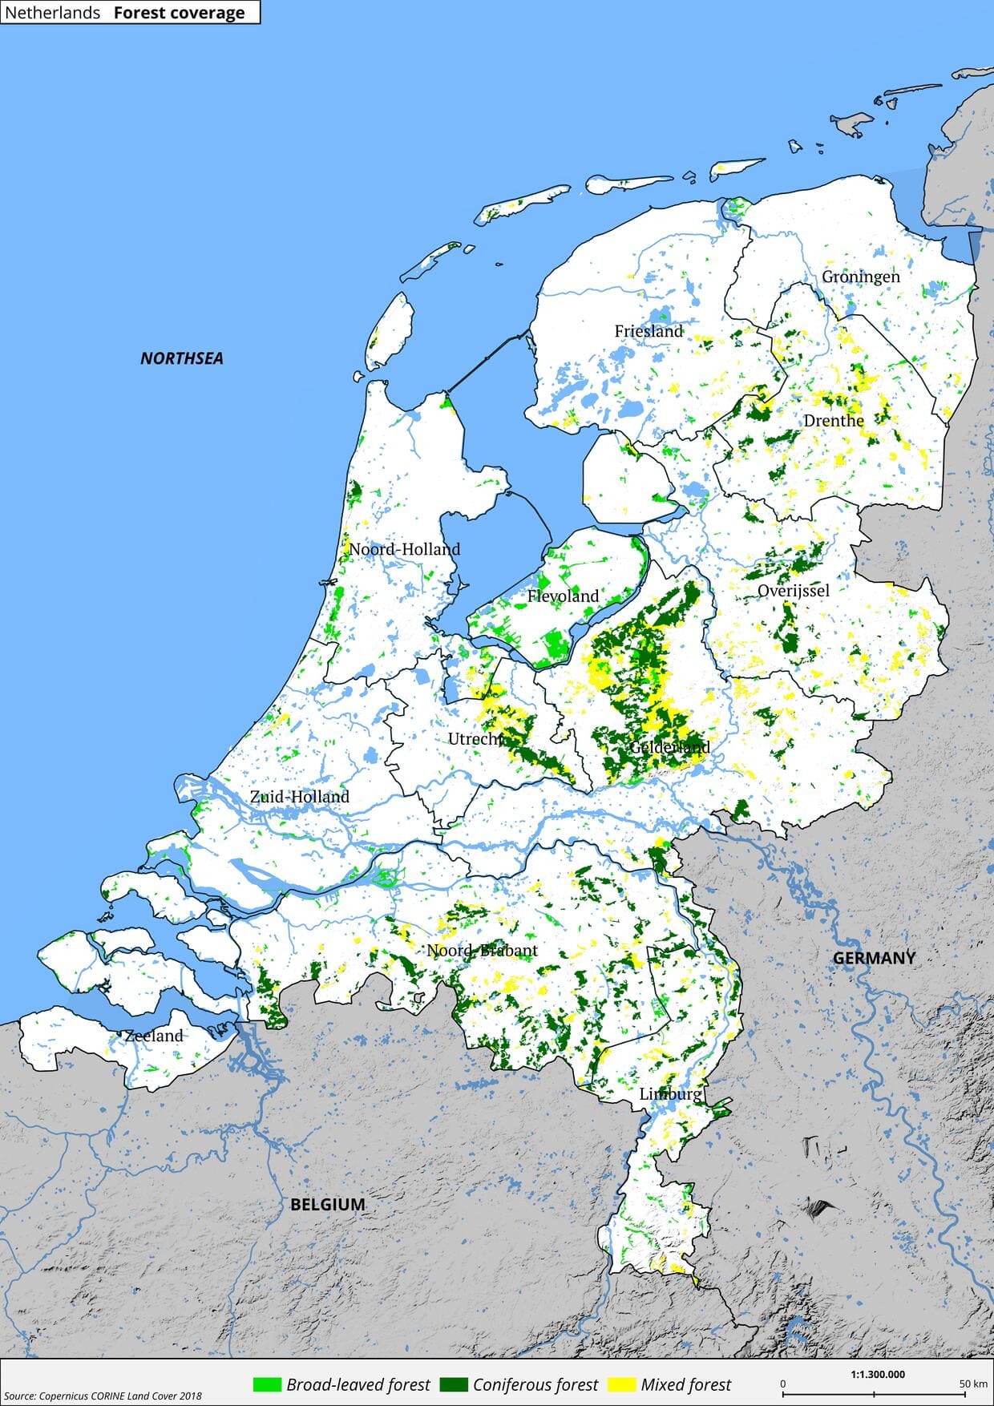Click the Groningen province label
[x=860, y=277]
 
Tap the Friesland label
[x=649, y=331]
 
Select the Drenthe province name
[x=834, y=421]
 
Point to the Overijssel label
[x=793, y=591]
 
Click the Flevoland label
[x=563, y=596]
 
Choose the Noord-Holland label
[x=404, y=549]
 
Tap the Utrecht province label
[x=475, y=738]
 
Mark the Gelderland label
[x=670, y=747]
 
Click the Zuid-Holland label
[x=300, y=797]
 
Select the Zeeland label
[x=154, y=1036]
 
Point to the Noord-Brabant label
[x=482, y=951]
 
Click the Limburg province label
[x=670, y=1094]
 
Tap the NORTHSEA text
[x=182, y=358]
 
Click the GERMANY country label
[x=874, y=958]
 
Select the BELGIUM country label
[x=327, y=1204]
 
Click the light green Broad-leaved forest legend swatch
[x=267, y=1384]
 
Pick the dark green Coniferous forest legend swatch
[x=455, y=1384]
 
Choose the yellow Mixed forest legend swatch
[x=622, y=1384]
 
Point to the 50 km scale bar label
[x=973, y=1384]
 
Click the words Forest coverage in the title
[x=179, y=12]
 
